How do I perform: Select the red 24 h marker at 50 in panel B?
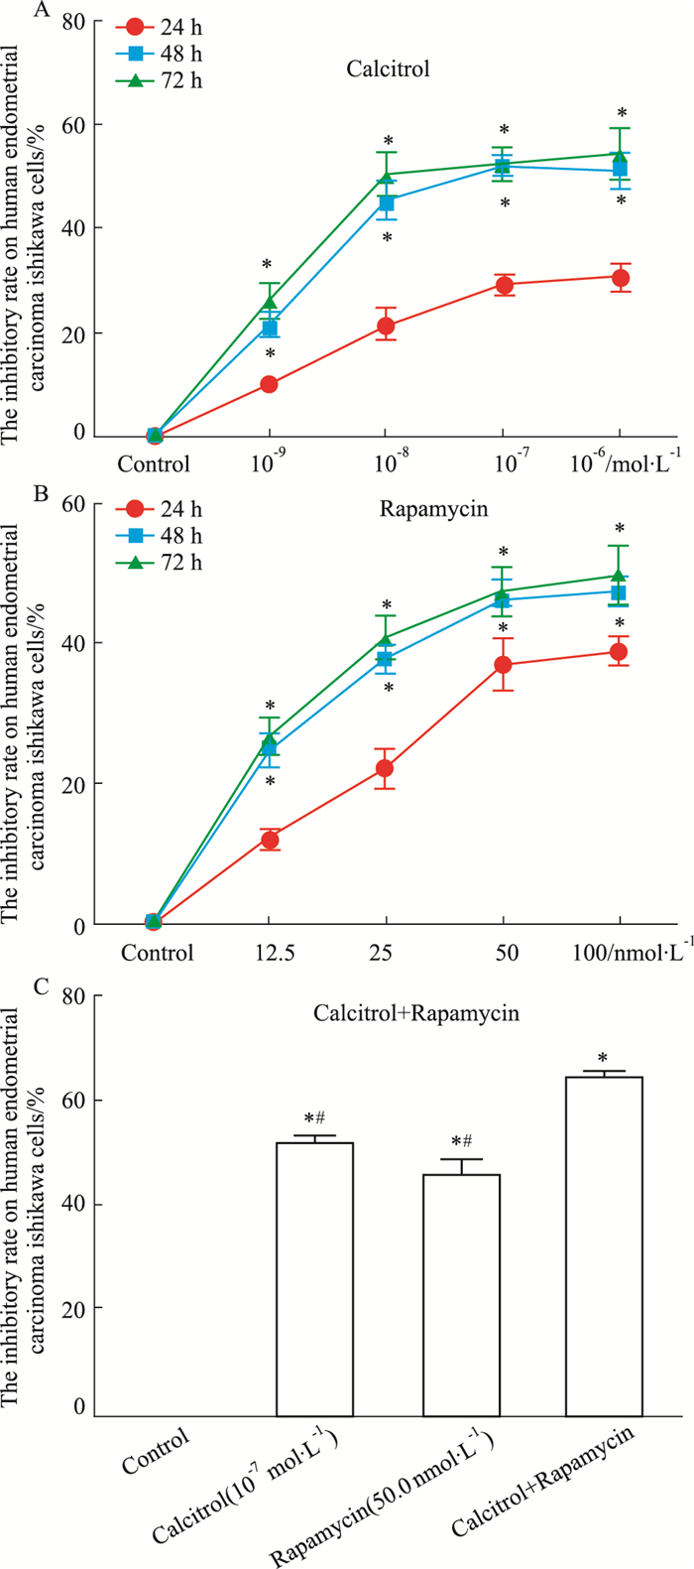503,665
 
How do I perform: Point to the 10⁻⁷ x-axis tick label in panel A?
503,463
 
